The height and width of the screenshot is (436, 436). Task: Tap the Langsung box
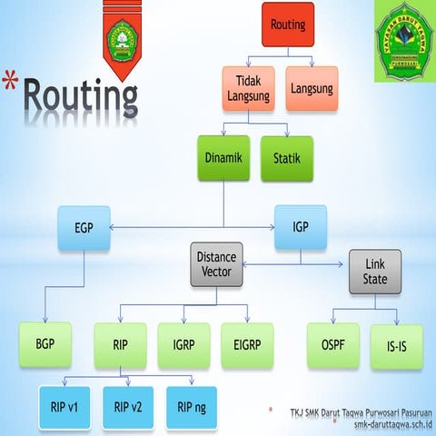(312, 89)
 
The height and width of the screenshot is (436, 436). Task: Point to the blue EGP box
(84, 227)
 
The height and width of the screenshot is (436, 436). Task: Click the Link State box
(374, 270)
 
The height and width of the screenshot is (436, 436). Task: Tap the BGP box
(45, 345)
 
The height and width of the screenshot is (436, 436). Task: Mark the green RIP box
(120, 345)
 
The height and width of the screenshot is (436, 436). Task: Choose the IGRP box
(183, 345)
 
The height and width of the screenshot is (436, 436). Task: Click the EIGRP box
(247, 345)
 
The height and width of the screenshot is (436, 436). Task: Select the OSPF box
(333, 345)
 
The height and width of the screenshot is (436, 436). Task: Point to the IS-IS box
(397, 345)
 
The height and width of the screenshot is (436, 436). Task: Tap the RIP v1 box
(64, 407)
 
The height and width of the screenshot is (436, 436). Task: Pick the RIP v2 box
(128, 407)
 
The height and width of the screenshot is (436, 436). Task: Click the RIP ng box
(192, 407)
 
